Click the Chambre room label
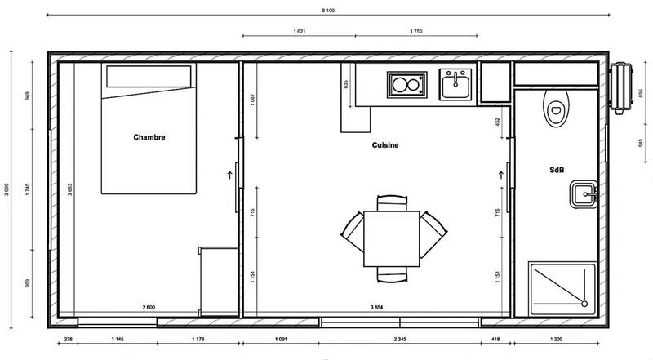click(x=149, y=137)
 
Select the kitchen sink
click(x=453, y=83)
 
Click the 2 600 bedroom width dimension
click(x=149, y=307)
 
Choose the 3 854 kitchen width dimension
click(x=377, y=307)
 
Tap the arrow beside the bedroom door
click(x=230, y=173)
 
